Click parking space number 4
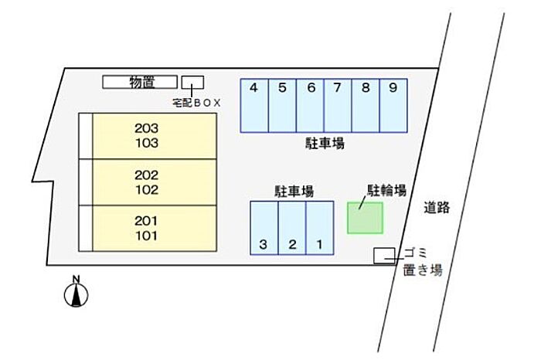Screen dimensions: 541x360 (254, 106)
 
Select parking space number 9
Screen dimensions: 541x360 (393, 106)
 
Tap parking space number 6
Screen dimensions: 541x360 (310, 106)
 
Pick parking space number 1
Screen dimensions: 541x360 (320, 228)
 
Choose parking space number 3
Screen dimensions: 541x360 (264, 228)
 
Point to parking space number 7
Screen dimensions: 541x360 (338, 106)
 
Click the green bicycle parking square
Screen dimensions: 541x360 (365, 218)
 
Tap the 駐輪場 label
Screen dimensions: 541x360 (386, 190)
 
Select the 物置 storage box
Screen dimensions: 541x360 (140, 82)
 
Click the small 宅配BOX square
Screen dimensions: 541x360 (193, 82)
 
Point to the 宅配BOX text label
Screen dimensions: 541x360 (196, 103)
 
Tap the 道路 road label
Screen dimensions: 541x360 (437, 208)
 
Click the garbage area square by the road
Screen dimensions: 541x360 (384, 256)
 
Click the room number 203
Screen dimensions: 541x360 (147, 128)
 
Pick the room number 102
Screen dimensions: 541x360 (147, 189)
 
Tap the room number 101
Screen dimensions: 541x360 (147, 236)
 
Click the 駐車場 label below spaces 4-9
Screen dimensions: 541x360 (325, 143)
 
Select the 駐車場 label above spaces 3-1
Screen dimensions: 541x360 (294, 191)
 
